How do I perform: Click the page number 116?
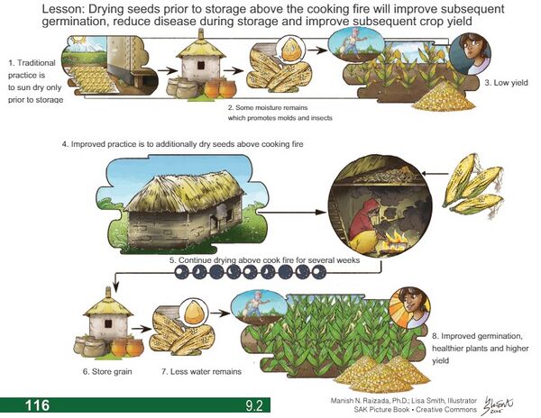[37, 404]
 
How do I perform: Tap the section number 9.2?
[254, 405]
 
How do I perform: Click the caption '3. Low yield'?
[506, 83]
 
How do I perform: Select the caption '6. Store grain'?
[107, 371]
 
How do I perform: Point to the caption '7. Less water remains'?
[201, 371]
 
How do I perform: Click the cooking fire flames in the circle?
[396, 239]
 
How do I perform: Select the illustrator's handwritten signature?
[498, 405]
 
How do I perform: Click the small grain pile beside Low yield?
[445, 96]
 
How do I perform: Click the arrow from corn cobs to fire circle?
[435, 174]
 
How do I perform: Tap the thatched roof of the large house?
[185, 191]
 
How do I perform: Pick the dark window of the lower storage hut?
[108, 323]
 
